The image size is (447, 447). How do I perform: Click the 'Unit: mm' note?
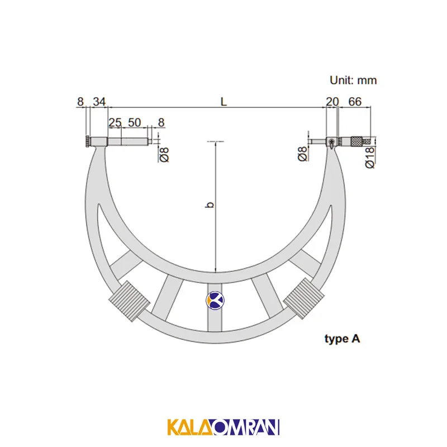coord(353,80)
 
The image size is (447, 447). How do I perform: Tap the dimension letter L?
coord(224,102)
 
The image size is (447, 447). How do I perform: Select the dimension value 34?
coord(99,102)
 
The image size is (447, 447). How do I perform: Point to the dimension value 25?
coord(115,122)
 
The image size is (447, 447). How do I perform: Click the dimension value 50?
coord(134,122)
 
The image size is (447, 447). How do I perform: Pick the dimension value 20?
coord(332,102)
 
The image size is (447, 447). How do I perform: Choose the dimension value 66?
coord(355,102)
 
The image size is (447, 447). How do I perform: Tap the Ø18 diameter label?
coord(369,158)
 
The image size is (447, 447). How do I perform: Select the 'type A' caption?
coord(342,339)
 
